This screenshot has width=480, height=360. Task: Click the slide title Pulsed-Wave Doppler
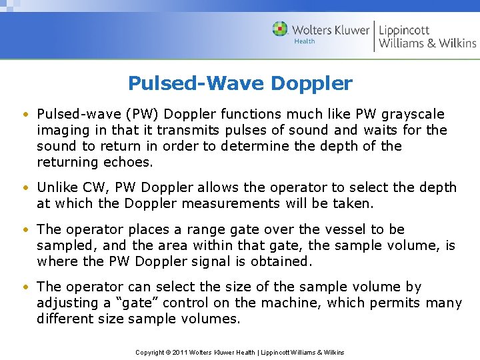click(x=240, y=83)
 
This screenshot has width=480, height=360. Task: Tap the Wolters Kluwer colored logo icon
click(x=281, y=29)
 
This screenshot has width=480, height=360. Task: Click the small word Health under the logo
click(x=305, y=41)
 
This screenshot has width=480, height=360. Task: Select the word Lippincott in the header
click(x=405, y=29)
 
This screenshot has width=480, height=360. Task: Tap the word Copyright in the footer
click(x=150, y=352)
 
